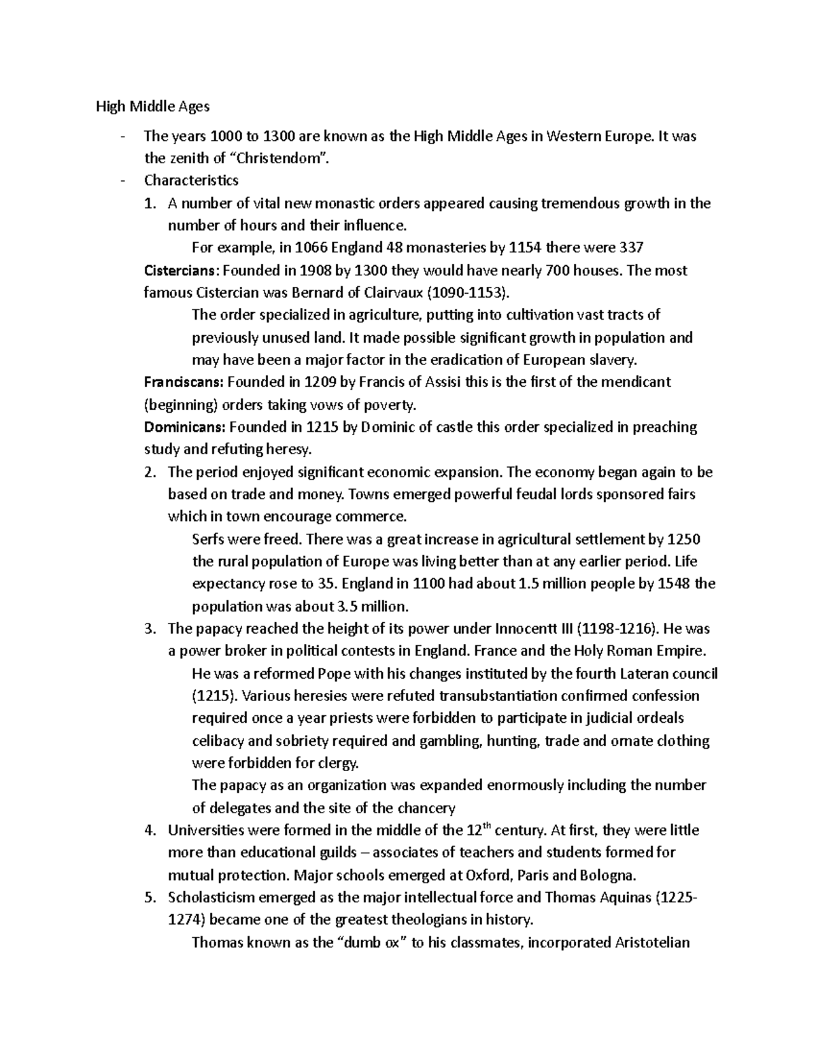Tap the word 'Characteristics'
[191, 180]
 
